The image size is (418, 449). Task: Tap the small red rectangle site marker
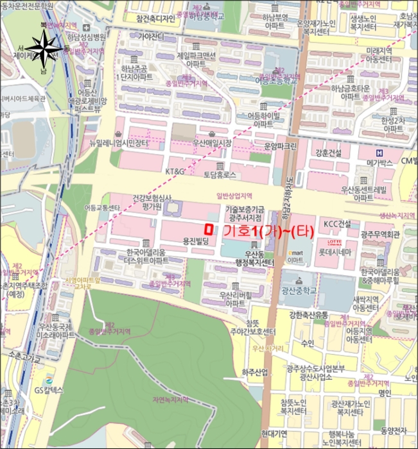click(207, 228)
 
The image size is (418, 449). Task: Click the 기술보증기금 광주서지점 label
click(245, 214)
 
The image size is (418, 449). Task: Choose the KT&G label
click(175, 172)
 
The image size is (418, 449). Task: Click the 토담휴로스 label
click(220, 174)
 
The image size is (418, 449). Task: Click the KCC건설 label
click(337, 223)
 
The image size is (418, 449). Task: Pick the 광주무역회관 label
click(380, 234)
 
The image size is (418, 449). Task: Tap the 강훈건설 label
click(327, 153)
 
